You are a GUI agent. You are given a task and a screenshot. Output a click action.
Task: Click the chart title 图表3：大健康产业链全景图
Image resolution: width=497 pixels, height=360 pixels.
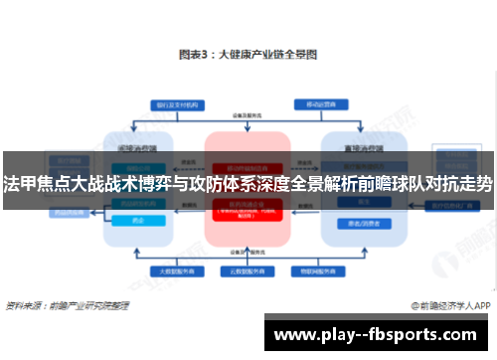click(x=248, y=55)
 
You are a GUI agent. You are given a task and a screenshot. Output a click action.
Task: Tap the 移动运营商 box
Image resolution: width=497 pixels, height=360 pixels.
click(x=317, y=102)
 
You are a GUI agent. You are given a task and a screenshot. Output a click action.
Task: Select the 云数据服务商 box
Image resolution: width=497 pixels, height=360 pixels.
click(x=248, y=270)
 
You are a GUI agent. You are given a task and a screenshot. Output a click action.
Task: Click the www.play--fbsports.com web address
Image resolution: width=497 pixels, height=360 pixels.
click(x=378, y=333)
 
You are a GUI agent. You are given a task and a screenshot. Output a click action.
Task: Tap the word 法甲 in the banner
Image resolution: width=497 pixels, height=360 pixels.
click(x=17, y=186)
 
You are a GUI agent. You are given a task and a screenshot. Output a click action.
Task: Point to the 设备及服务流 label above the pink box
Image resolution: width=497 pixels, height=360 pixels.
click(x=248, y=116)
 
